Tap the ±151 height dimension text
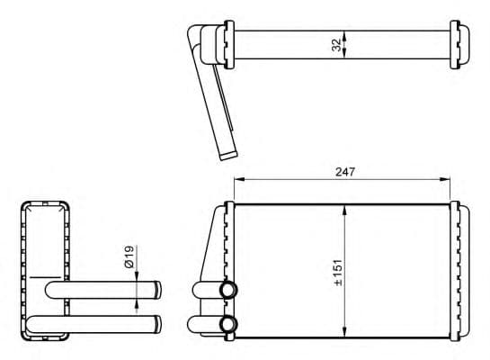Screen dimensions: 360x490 [338, 271]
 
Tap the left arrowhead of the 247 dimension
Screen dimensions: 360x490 [237, 179]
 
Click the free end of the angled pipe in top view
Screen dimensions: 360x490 [228, 155]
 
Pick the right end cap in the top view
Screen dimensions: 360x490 [461, 43]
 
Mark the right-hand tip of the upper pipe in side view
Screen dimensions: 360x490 [159, 290]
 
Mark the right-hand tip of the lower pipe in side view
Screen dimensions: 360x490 [159, 322]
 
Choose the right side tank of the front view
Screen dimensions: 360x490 [459, 270]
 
